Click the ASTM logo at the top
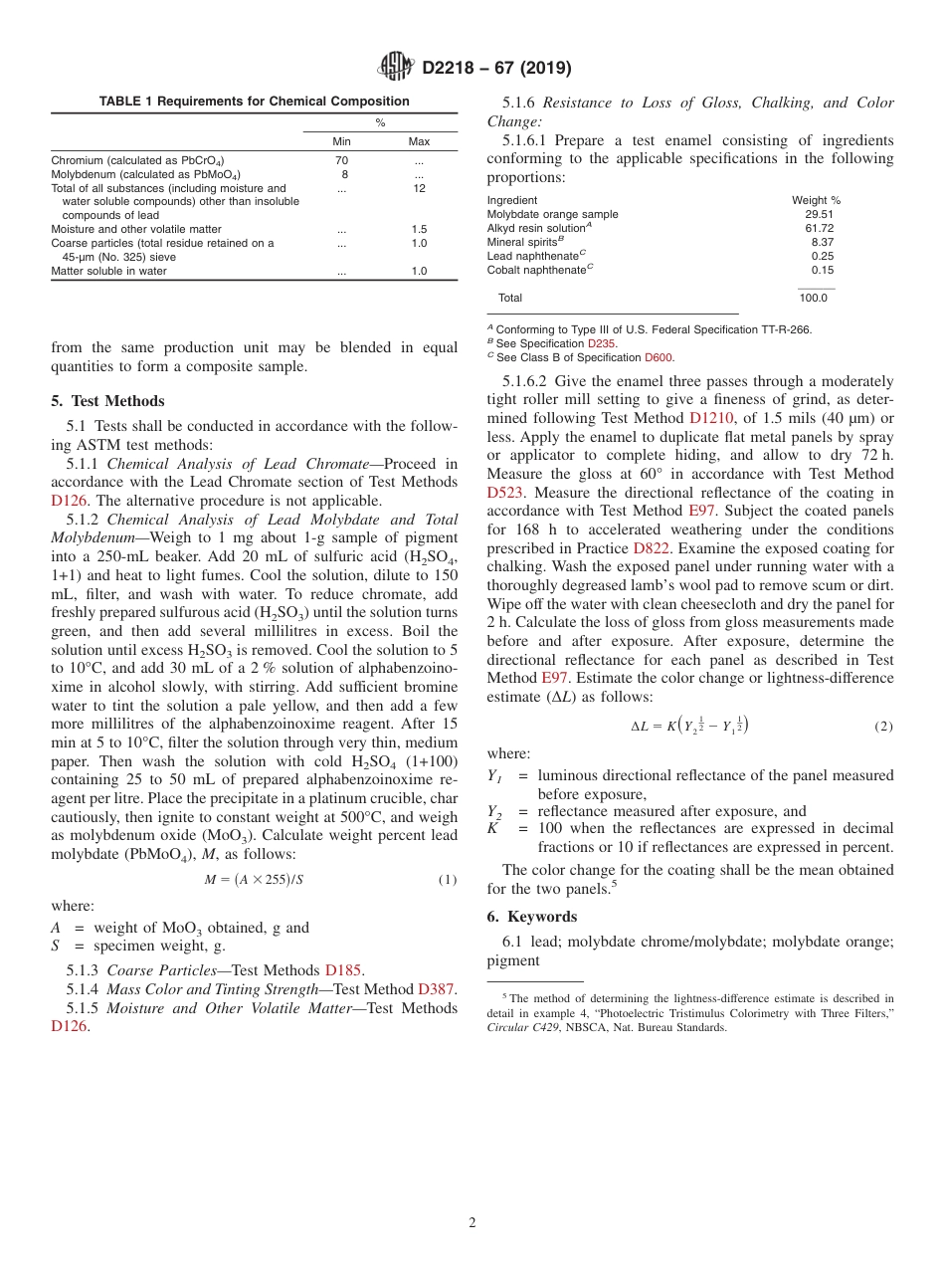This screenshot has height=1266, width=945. (395, 68)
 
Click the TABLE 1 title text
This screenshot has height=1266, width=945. (254, 102)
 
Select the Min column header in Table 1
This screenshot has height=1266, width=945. (341, 141)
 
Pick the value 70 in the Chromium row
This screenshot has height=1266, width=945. (341, 160)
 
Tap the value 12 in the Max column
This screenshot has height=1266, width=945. (419, 188)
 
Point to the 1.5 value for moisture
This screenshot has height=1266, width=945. (419, 229)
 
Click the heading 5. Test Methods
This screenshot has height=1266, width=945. (108, 401)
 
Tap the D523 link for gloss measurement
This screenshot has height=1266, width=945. (505, 492)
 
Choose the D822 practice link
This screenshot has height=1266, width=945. (652, 548)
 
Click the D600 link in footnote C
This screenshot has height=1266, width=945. (659, 357)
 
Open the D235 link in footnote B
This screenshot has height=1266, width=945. (602, 343)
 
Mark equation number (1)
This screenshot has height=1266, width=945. (447, 880)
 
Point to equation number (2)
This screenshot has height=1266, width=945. (882, 727)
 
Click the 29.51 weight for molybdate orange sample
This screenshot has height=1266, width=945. (820, 214)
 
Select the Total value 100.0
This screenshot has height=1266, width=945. (813, 298)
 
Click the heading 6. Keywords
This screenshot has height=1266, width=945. (532, 917)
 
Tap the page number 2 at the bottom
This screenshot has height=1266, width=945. (472, 1223)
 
